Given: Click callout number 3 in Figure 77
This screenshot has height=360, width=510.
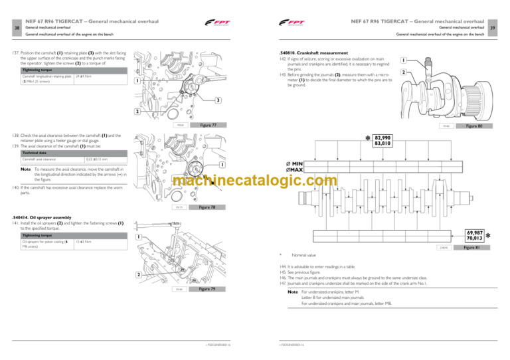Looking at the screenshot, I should point(217,100).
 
